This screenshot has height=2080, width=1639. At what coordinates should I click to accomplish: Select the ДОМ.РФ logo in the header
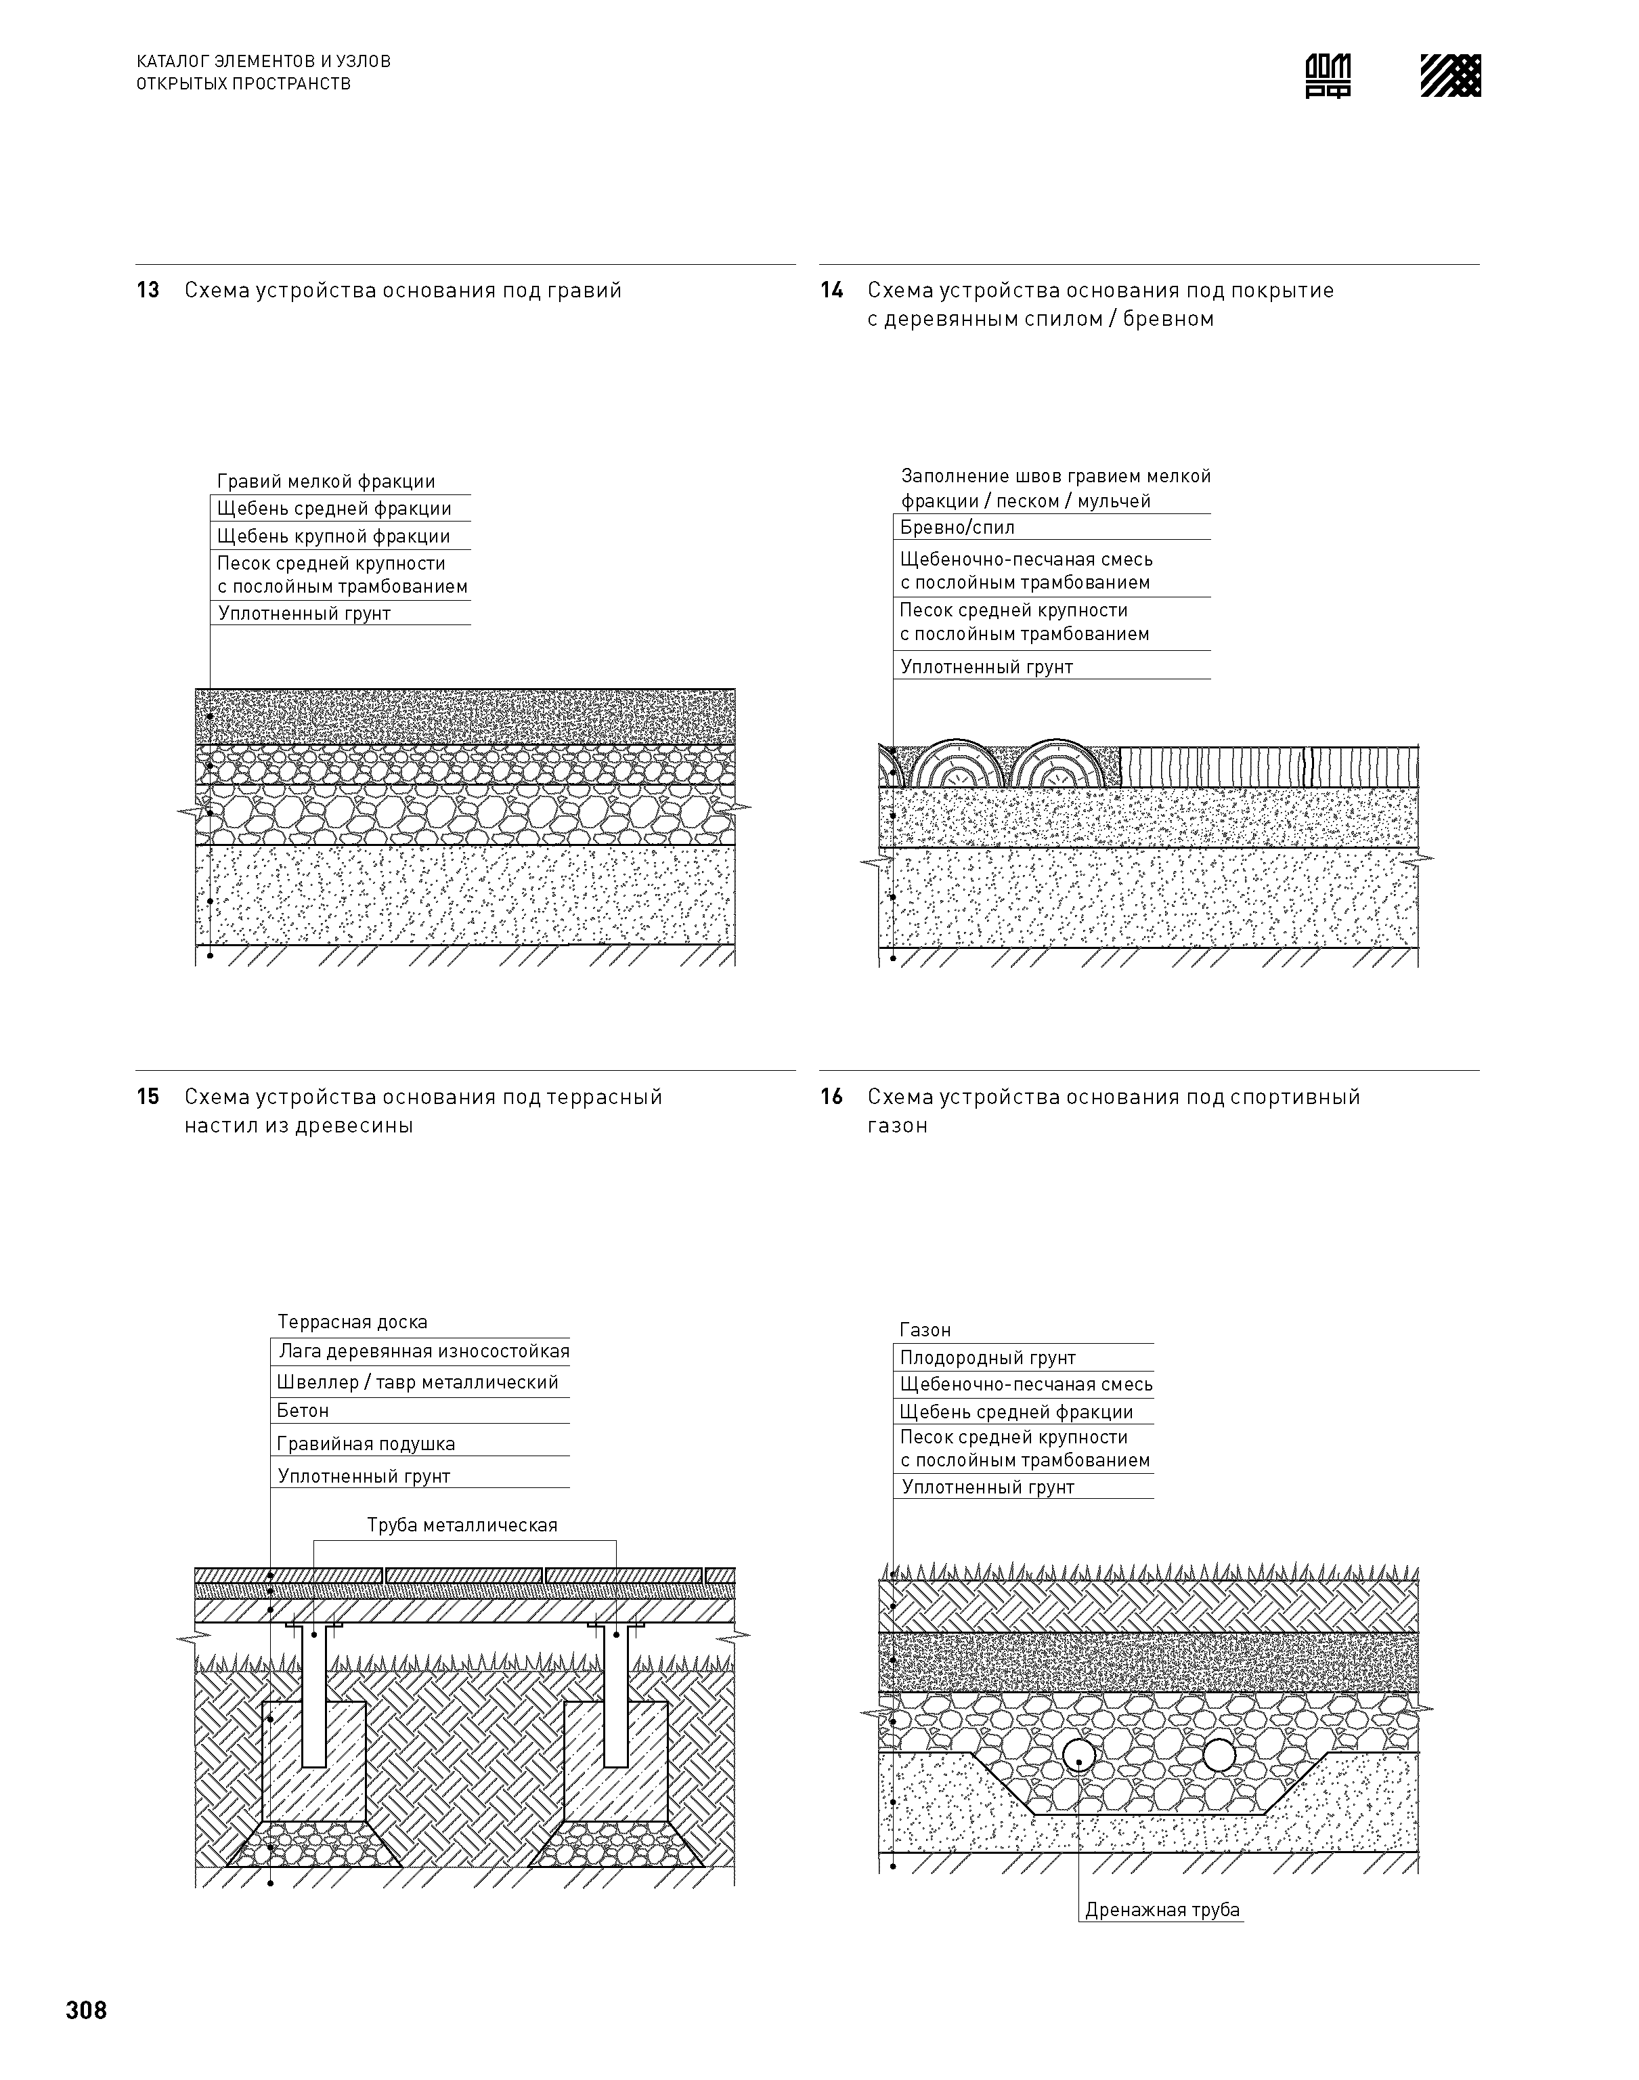1328,76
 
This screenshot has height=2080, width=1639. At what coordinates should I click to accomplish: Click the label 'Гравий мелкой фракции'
326,482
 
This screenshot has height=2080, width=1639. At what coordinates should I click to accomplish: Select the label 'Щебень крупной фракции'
333,536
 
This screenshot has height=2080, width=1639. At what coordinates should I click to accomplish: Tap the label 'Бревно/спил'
957,528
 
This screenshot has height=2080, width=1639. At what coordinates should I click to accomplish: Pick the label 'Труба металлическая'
462,1525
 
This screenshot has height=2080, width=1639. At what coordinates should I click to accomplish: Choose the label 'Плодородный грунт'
988,1358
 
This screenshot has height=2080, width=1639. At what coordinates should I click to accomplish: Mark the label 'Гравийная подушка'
366,1443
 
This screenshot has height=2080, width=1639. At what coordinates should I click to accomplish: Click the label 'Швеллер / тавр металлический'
418,1382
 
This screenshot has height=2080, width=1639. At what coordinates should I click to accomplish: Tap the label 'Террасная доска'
352,1323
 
